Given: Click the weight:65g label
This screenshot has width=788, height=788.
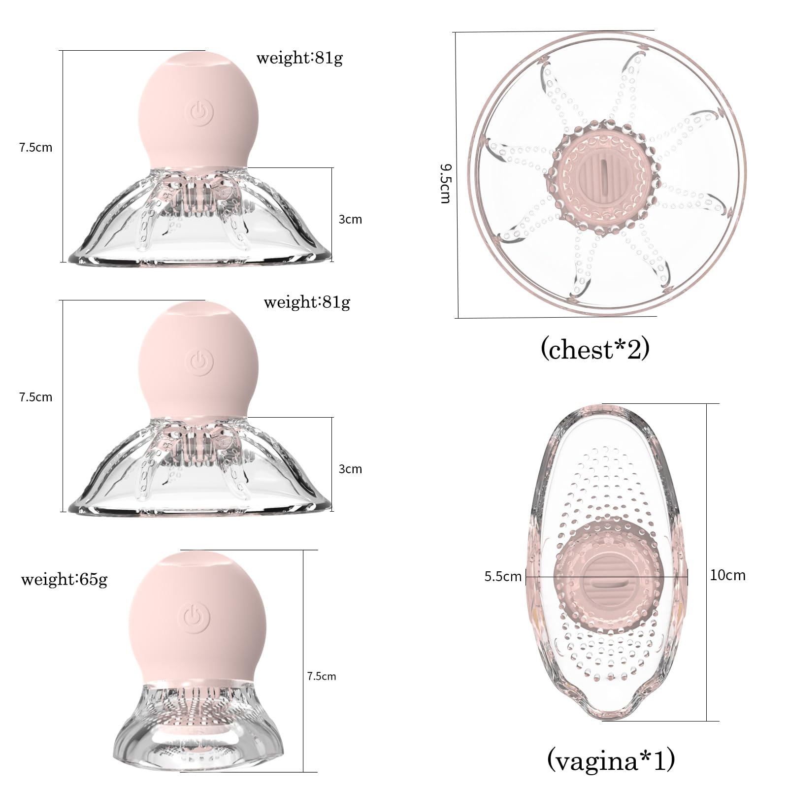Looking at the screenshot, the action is coord(64,579).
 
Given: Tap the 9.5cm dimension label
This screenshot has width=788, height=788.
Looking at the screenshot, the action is coord(445,184).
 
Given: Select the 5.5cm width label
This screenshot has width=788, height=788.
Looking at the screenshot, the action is coord(502,576).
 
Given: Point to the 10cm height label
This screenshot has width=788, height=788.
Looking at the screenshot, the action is coord(727,575).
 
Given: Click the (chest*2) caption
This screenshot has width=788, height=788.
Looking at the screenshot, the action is coord(595,350).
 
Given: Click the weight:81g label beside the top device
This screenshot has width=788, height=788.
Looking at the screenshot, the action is coord(299,58).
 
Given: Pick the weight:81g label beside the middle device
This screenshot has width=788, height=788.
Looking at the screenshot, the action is coord(307,301).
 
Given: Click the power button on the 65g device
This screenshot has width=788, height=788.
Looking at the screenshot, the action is coord(197,617).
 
